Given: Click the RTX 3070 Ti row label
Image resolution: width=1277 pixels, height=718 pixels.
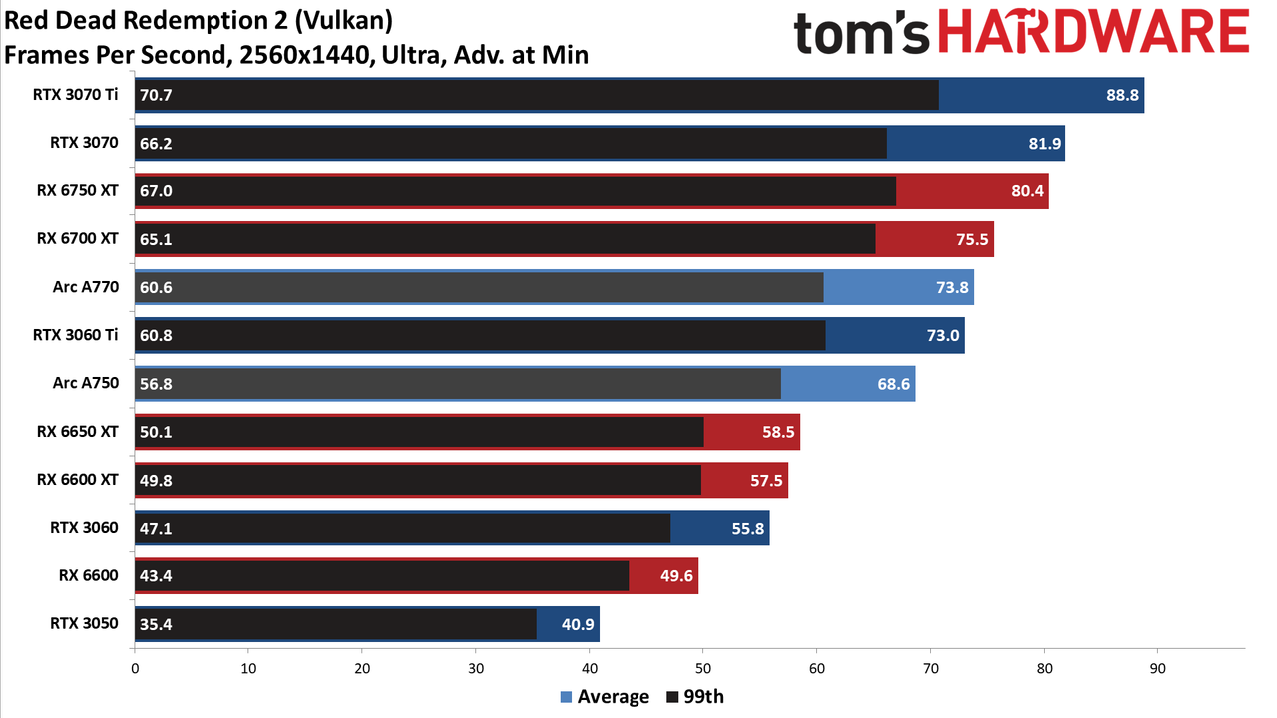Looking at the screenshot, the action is coord(75,94).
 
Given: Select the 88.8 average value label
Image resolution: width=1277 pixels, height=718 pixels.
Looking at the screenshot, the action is coord(1122,95).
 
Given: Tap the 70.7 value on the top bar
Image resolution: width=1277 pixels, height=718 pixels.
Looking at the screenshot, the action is coord(156,95).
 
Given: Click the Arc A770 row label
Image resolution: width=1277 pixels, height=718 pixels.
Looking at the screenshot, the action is coord(86,286).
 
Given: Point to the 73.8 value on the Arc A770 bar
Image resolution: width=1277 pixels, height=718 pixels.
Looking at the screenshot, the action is coord(952,287).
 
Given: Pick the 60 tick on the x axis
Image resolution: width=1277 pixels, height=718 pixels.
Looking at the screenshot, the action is coord(816,668).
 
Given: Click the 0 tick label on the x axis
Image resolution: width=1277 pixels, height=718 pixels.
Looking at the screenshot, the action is coord(135,668).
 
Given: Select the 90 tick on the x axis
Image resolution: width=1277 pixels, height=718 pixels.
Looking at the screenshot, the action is coord(1157,668).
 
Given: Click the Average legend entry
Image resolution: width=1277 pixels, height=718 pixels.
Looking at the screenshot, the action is coord(605,697).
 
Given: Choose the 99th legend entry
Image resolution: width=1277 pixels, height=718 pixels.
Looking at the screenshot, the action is coord(695,697).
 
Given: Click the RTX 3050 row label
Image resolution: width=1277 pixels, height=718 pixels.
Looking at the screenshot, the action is coord(84,623).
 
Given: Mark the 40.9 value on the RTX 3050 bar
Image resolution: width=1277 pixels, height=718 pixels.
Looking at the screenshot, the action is coord(578,624).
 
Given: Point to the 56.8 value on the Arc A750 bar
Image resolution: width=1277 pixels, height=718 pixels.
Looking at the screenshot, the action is coord(156,384).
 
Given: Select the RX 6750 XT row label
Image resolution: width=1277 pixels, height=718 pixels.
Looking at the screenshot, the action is coord(78,190).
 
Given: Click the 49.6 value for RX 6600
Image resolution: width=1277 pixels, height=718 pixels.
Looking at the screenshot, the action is coord(676,576).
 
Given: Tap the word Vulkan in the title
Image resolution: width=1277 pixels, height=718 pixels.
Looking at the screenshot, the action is coord(344,21).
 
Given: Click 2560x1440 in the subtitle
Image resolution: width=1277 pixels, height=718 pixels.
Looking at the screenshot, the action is coord(306,55).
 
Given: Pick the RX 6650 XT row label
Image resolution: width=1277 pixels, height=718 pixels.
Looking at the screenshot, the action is coord(78,432).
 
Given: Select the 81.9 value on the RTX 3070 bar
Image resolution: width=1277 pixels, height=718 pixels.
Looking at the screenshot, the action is coord(1044,143).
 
